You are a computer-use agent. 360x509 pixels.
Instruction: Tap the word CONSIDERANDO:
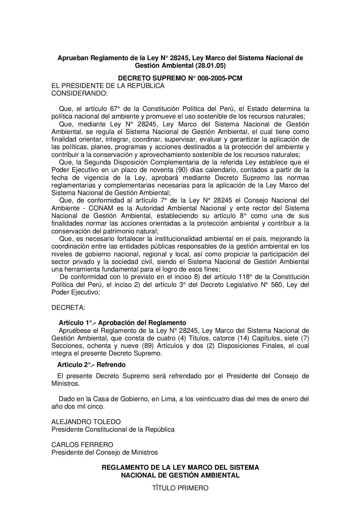pyautogui.click(x=80, y=93)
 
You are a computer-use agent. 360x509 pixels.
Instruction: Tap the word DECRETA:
pyautogui.click(x=68, y=308)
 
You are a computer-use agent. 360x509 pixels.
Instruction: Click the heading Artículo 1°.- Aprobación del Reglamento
pyautogui.click(x=122, y=323)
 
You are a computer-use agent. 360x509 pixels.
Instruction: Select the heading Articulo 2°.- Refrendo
pyautogui.click(x=91, y=365)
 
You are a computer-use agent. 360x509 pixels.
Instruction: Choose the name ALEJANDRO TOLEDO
pyautogui.click(x=86, y=422)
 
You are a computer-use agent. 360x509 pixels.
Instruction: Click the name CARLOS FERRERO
pyautogui.click(x=82, y=445)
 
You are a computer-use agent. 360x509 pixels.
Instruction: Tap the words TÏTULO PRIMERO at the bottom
pyautogui.click(x=180, y=488)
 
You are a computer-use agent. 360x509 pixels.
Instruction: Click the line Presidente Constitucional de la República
pyautogui.click(x=113, y=430)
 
